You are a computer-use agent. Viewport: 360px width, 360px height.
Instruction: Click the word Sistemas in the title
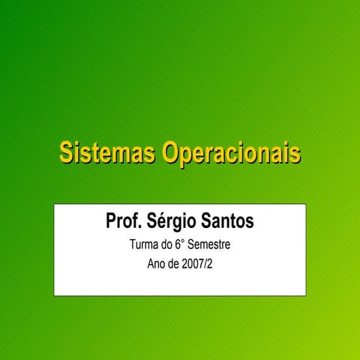106,153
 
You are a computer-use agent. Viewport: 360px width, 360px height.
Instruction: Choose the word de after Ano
176,265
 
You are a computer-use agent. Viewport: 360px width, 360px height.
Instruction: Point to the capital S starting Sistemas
66,153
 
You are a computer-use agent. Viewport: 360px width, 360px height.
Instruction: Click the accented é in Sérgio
163,222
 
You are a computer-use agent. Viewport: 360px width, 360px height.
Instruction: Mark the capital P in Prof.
111,222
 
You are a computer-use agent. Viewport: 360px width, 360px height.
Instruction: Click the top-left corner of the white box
54,203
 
